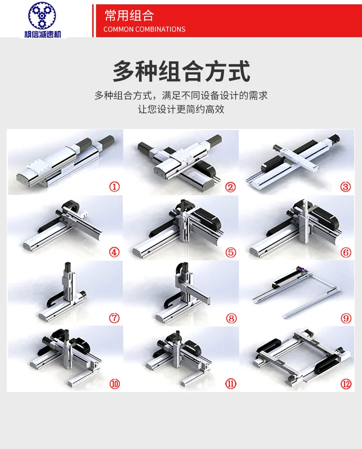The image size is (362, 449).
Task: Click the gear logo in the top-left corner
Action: [x=46, y=15]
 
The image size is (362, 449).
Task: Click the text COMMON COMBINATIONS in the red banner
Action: [x=144, y=29]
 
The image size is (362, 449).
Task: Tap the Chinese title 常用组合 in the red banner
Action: [x=129, y=15]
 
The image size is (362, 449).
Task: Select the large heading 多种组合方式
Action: [x=181, y=71]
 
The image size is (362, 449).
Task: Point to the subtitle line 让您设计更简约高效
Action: [x=181, y=109]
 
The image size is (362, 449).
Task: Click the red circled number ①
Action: [x=114, y=187]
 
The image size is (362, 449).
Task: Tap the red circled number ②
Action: [x=230, y=187]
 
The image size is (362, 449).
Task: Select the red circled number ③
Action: [x=346, y=187]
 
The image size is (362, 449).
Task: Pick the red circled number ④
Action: [x=114, y=252]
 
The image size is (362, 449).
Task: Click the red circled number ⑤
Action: [x=230, y=252]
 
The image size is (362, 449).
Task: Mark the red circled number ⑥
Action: [x=346, y=252]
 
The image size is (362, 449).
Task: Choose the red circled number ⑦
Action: [x=114, y=318]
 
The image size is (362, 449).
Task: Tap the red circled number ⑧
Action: [x=230, y=318]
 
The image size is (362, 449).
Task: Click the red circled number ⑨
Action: [x=346, y=318]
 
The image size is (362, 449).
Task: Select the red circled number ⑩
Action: [x=114, y=384]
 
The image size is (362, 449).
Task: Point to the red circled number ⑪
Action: [x=230, y=384]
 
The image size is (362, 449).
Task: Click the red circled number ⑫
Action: [x=346, y=384]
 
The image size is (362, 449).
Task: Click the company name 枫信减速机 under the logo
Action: [x=46, y=33]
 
